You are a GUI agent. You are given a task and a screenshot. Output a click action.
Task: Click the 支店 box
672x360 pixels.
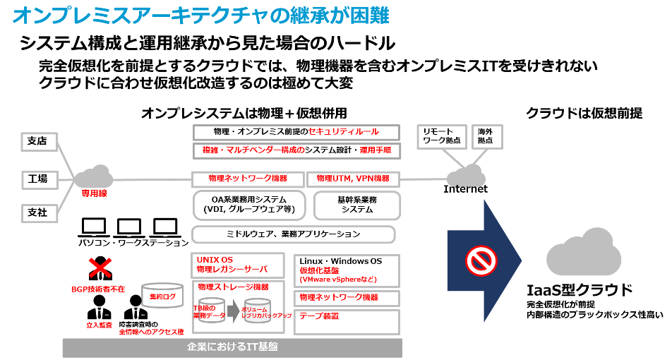tap(39, 141)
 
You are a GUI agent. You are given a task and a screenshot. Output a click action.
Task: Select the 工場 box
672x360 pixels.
tap(39, 179)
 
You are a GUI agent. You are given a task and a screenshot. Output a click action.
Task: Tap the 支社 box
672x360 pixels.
tap(39, 213)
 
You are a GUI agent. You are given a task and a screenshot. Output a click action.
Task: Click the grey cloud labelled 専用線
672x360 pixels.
tap(94, 178)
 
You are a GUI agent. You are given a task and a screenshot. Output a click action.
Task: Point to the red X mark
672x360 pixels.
tap(100, 268)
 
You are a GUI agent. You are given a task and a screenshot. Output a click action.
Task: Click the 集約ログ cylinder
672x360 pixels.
tap(162, 296)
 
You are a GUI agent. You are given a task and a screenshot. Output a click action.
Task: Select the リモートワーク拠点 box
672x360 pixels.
tap(441, 136)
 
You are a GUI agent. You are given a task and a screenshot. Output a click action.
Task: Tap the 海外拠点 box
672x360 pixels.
tap(486, 136)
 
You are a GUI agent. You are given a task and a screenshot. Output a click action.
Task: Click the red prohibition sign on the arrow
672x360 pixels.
tap(481, 260)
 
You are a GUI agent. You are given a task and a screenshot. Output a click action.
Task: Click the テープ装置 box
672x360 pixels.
tap(346, 321)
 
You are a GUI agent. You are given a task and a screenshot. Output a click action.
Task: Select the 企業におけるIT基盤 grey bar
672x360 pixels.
tap(232, 347)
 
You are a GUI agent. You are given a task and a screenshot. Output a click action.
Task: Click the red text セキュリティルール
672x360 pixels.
tap(344, 132)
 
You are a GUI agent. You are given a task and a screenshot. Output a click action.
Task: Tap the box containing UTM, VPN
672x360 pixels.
tap(353, 179)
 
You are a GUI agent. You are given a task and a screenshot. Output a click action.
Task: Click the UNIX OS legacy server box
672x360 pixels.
tap(237, 265)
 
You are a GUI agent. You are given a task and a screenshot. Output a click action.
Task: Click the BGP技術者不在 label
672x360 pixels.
tap(98, 289)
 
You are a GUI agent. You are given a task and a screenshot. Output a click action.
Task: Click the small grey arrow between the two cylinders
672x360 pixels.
tap(233, 311)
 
